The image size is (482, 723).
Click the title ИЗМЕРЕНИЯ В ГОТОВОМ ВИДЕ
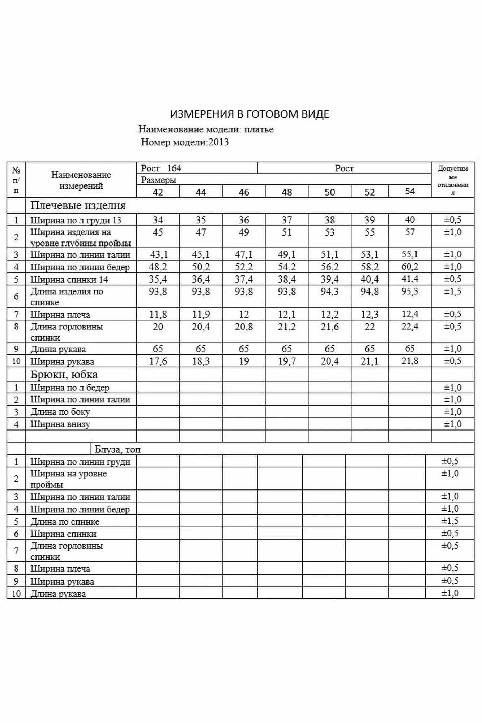(x=249, y=114)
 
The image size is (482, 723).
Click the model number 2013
(x=218, y=142)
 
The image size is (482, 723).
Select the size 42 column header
(x=158, y=192)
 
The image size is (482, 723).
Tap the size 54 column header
(x=410, y=191)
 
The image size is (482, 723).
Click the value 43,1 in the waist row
(x=159, y=254)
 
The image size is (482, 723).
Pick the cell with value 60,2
(x=410, y=267)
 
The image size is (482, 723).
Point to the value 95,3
(x=410, y=291)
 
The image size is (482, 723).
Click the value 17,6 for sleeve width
(x=158, y=361)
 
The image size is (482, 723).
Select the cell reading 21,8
(x=410, y=361)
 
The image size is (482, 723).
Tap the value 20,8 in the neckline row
(x=244, y=327)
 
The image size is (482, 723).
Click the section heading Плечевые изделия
(x=78, y=205)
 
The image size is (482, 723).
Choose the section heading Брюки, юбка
(x=64, y=375)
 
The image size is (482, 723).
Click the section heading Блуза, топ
(x=118, y=449)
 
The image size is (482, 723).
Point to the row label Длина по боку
(x=60, y=412)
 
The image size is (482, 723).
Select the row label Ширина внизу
(x=60, y=424)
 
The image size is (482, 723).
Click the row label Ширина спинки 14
(x=69, y=279)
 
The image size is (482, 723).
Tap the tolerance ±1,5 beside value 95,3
(x=453, y=291)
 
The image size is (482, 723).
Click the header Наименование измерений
(x=81, y=180)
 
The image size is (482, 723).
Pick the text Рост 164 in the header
(x=161, y=168)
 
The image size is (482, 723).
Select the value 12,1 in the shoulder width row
(x=287, y=315)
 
